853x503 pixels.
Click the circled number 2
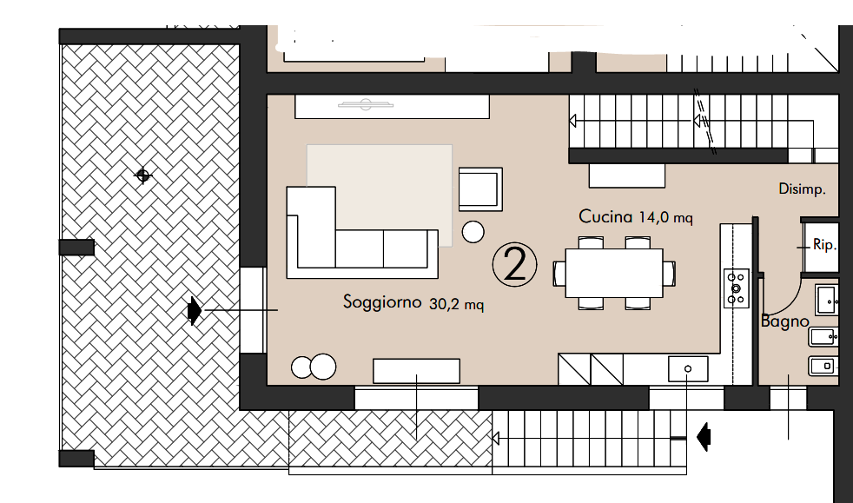point(514,265)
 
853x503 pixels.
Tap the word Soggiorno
point(382,301)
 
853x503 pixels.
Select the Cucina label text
point(605,216)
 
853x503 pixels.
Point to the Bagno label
point(784,321)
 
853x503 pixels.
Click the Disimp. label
point(802,189)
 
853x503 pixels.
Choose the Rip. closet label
point(824,245)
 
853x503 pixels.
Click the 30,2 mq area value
point(456,304)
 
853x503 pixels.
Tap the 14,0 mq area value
point(666,218)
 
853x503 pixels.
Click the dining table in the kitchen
point(614,273)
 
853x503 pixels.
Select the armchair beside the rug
point(480,189)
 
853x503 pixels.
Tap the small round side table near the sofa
point(473,232)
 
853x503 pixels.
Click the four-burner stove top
point(736,288)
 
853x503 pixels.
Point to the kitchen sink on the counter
point(688,368)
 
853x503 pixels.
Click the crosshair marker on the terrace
point(143,175)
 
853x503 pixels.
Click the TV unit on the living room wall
point(392,107)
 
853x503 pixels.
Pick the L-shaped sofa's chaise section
point(311,228)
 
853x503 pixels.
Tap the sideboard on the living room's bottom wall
point(417,371)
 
